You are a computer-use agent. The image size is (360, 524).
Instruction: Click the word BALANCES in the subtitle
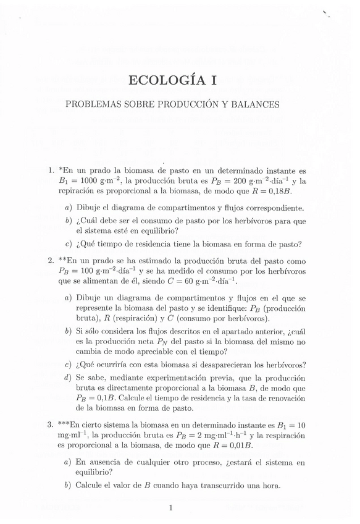tap(253, 104)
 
